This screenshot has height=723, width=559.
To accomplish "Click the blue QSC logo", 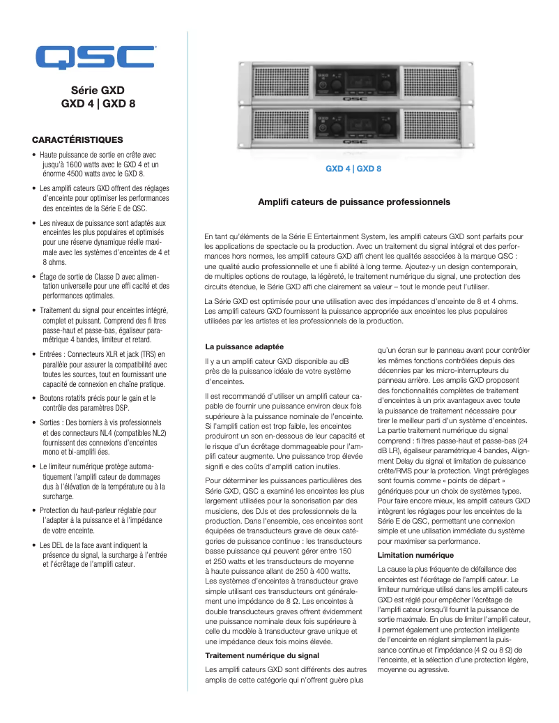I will [x=95, y=57].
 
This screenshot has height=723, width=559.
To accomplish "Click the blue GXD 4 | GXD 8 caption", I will [x=353, y=169].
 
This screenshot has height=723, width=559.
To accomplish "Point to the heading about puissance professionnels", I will [x=354, y=202].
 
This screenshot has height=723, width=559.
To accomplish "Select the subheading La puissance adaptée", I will [x=244, y=347].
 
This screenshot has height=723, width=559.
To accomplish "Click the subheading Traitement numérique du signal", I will [x=262, y=655].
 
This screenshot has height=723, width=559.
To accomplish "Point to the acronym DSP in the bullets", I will [x=121, y=408].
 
